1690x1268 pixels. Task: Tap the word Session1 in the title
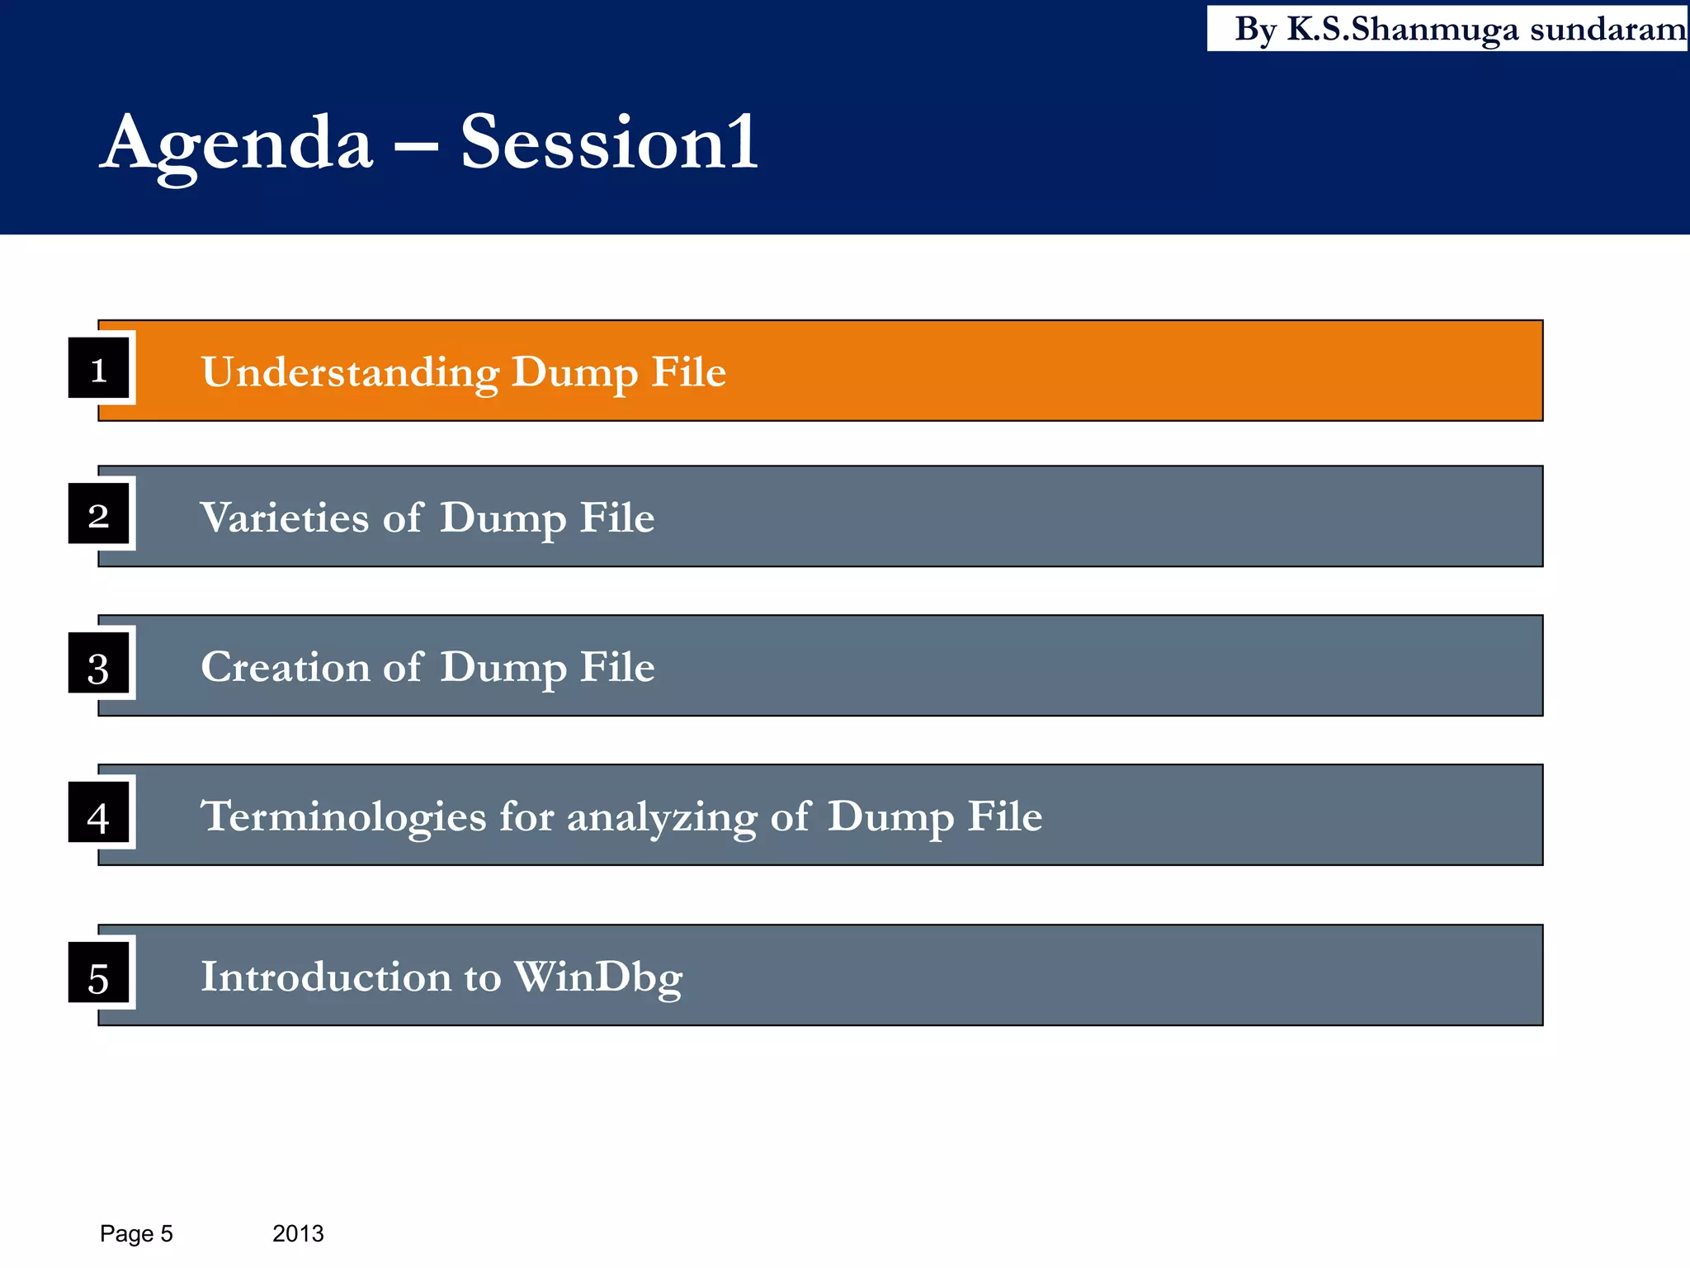[x=608, y=144]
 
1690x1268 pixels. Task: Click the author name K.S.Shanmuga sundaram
[x=1485, y=30]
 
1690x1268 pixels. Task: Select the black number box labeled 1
[x=99, y=368]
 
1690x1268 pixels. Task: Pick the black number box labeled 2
[x=99, y=514]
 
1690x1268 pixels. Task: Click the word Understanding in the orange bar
[x=350, y=372]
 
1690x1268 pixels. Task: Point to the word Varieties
[x=284, y=518]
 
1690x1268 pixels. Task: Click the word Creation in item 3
[x=285, y=667]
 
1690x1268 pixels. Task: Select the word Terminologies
[x=343, y=816]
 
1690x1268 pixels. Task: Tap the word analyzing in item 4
[x=661, y=816]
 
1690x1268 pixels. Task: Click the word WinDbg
[x=597, y=977]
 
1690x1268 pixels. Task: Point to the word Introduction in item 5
[x=326, y=977]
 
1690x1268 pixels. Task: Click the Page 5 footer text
[x=136, y=1233]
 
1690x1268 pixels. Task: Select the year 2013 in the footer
[x=298, y=1233]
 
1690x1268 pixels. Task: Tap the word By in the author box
[x=1255, y=30]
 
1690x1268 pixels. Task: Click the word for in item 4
[x=526, y=816]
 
